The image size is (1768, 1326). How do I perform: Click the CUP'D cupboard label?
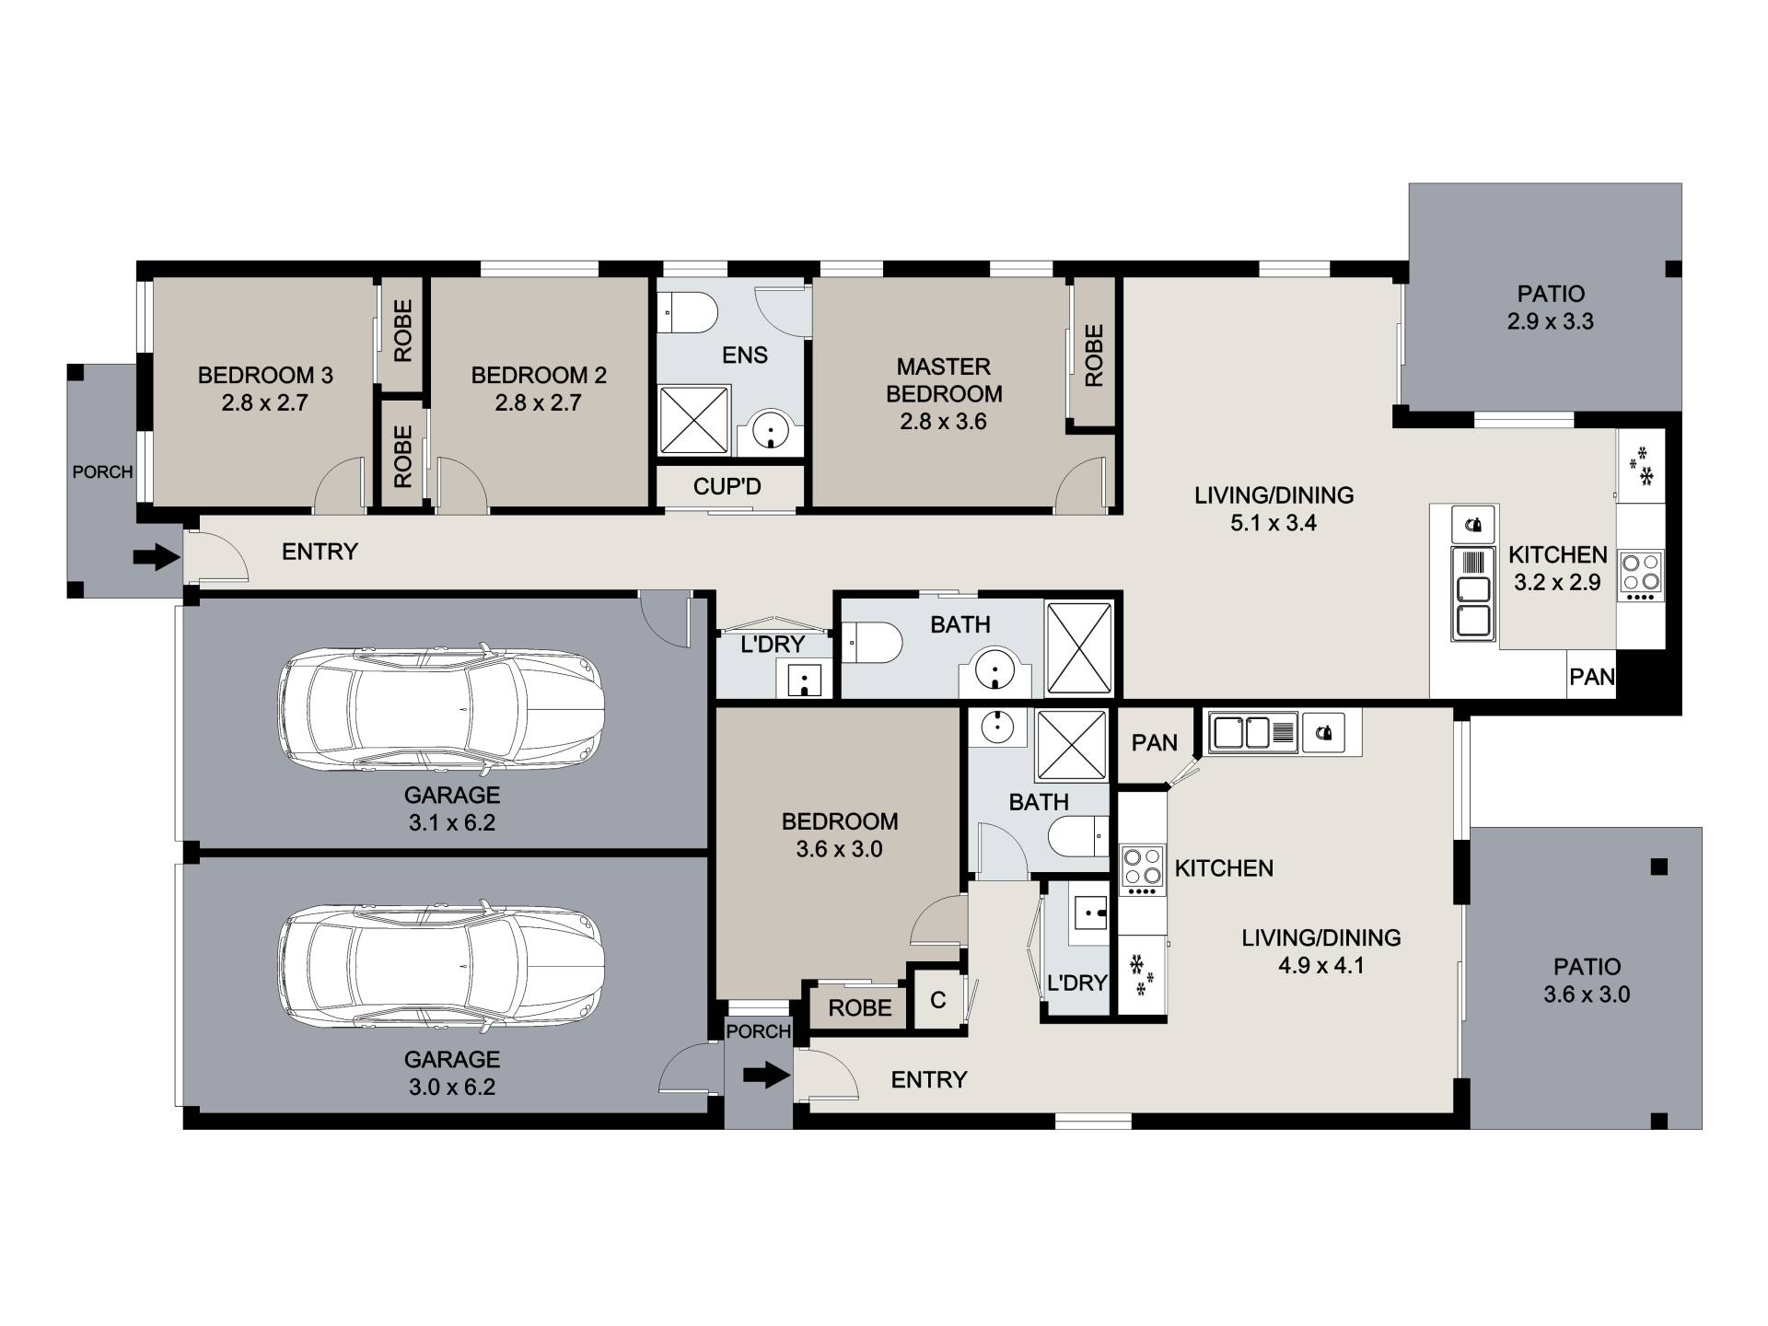(727, 486)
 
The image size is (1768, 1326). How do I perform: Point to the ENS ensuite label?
(745, 355)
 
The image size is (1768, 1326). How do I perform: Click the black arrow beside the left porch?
(157, 556)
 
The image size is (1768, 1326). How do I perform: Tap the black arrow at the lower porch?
(766, 1075)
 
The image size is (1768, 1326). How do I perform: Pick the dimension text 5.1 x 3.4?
(1274, 523)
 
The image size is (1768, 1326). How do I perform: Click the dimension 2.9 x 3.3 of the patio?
(1551, 322)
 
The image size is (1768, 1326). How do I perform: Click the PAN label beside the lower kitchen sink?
(1155, 742)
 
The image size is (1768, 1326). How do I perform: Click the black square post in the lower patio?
(1659, 867)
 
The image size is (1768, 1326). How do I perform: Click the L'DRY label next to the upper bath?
(773, 645)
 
